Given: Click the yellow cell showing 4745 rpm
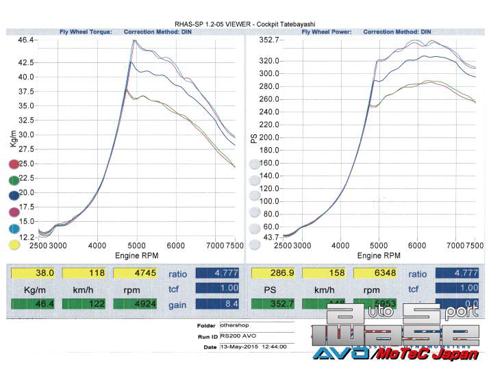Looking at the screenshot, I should pos(133,273).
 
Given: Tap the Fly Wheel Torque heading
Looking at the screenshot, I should pos(86,32).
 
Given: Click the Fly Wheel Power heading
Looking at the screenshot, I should pos(327,32).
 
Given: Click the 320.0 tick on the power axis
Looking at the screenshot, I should pos(269,61).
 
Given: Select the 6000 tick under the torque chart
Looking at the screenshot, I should pos(176,244).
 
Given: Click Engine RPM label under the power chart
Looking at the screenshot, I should pos(378,255).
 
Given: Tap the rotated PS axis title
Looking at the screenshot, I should pos(254,138).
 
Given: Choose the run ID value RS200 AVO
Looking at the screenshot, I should pos(235,337).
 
